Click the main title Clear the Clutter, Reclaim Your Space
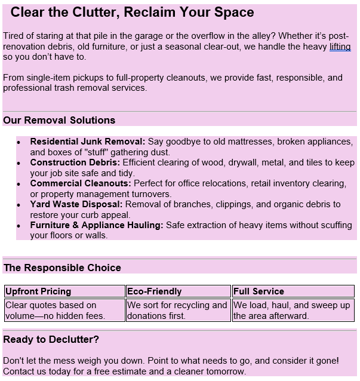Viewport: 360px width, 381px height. (x=132, y=12)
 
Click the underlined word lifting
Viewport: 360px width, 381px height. (x=340, y=47)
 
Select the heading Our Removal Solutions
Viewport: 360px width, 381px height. (x=59, y=120)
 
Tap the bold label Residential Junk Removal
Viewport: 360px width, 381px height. (x=88, y=142)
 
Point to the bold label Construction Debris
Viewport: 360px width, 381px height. (x=75, y=162)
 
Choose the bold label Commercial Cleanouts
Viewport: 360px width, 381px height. (x=81, y=183)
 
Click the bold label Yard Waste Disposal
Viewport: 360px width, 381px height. (x=76, y=204)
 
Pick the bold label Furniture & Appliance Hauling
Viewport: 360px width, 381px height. (x=97, y=225)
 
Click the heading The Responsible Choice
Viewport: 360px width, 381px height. (x=62, y=268)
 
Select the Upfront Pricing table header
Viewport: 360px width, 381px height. (x=38, y=291)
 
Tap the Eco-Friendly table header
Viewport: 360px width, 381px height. (x=154, y=291)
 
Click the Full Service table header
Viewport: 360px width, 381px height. (x=259, y=291)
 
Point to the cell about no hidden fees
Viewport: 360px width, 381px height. (x=55, y=311)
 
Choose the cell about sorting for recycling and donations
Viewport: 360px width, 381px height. (x=177, y=311)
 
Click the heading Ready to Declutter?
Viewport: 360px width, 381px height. (x=51, y=340)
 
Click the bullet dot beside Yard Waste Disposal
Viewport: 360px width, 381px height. (x=19, y=205)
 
